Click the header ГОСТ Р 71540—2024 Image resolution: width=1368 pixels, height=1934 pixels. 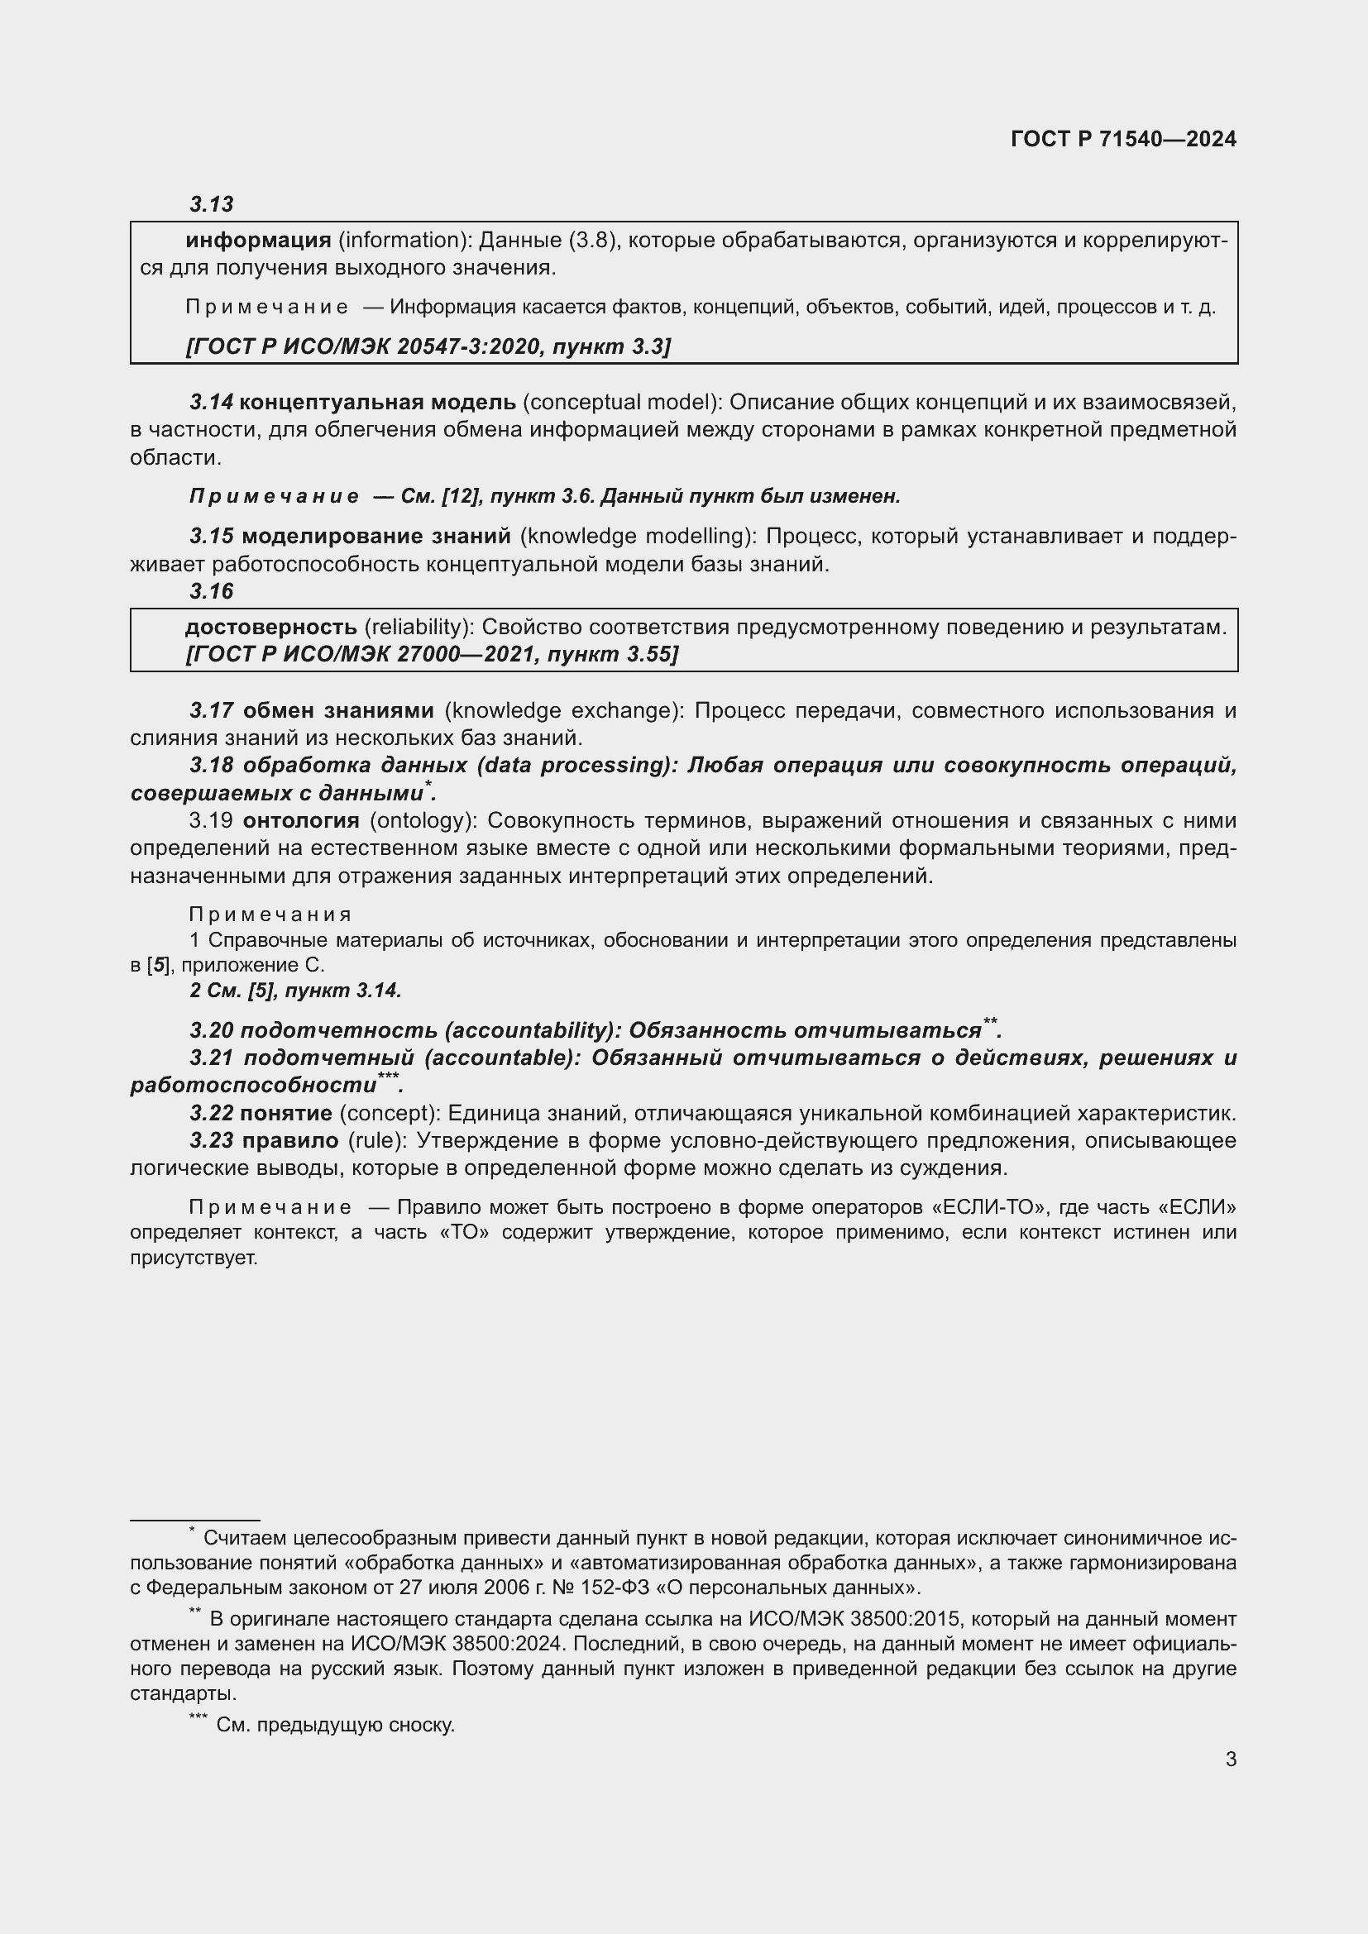(x=1123, y=139)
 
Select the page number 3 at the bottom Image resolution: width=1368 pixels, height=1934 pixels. (x=1231, y=1759)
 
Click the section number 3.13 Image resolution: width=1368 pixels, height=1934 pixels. (x=212, y=204)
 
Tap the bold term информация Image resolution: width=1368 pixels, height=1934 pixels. (x=258, y=241)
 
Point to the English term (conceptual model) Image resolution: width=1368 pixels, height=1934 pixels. (x=624, y=403)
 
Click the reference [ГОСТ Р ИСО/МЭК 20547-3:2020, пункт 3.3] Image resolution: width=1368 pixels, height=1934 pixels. (x=428, y=346)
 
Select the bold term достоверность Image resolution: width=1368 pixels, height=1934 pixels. (x=270, y=627)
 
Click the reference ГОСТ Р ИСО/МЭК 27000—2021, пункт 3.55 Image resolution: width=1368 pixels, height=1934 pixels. (x=431, y=655)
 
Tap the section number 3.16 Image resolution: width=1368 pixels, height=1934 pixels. (x=212, y=591)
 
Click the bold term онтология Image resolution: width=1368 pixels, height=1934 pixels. (x=301, y=820)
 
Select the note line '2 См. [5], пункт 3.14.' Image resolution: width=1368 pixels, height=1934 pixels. (x=295, y=991)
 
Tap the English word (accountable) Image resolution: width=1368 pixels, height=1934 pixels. (x=503, y=1058)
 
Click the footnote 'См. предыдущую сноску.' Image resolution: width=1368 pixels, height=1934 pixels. (x=335, y=1724)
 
